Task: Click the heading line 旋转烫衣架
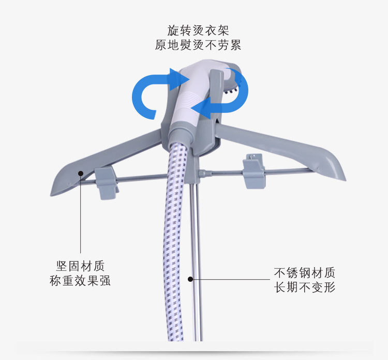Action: coord(198,30)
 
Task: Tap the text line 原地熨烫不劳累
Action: coord(198,45)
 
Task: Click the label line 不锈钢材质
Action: coord(305,272)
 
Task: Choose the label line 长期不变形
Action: coord(305,286)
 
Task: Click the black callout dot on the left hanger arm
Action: coord(80,174)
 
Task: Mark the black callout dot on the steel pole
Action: coord(190,279)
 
